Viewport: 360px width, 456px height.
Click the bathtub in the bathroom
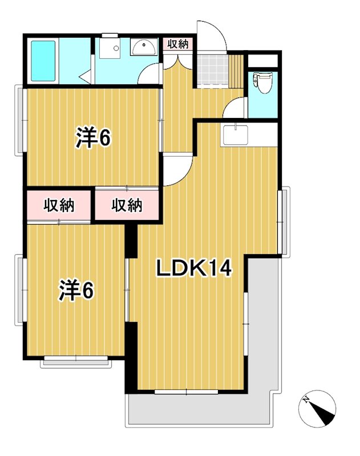[43, 60]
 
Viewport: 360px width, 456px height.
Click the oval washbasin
[143, 48]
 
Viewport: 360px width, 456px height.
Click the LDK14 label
[194, 268]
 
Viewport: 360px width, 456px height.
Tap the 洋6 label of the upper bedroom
[93, 138]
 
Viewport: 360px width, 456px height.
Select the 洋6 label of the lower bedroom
[76, 291]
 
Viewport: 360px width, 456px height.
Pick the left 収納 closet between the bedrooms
[58, 205]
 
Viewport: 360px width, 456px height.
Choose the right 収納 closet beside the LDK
[127, 205]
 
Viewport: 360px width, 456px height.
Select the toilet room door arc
[236, 108]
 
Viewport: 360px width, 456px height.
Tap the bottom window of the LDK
[186, 392]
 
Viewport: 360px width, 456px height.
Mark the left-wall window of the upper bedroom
[21, 119]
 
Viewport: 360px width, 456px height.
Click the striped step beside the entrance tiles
[236, 70]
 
